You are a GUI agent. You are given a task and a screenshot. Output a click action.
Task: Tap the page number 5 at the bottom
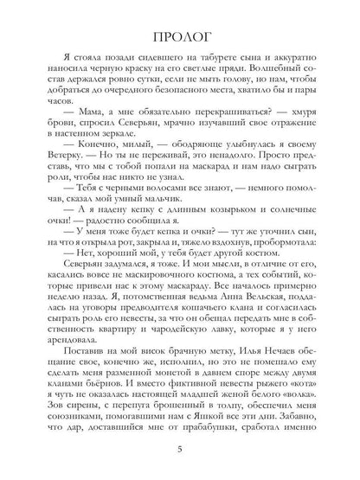[x=179, y=449]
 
